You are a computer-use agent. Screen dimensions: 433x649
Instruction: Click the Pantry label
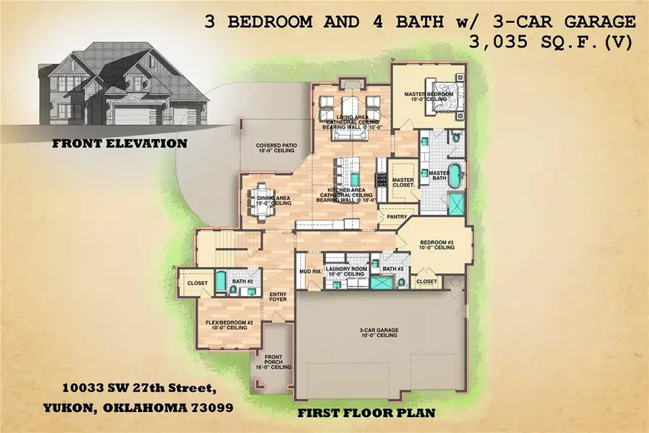click(398, 216)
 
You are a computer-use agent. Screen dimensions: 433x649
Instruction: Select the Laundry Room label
click(347, 272)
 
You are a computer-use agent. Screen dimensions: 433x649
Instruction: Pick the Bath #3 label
click(393, 269)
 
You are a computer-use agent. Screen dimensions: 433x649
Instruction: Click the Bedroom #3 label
click(437, 244)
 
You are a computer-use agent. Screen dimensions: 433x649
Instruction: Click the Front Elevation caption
click(120, 144)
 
